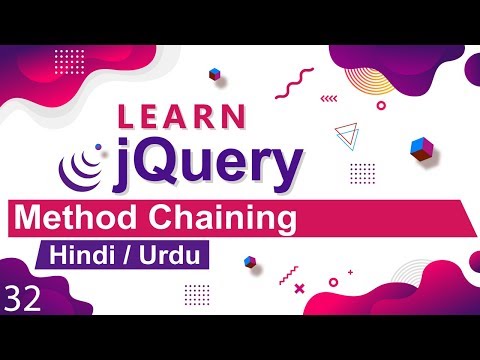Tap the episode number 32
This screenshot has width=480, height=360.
tap(22, 300)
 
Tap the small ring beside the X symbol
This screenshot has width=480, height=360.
tap(331, 283)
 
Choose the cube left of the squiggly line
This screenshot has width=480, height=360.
tap(214, 73)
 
